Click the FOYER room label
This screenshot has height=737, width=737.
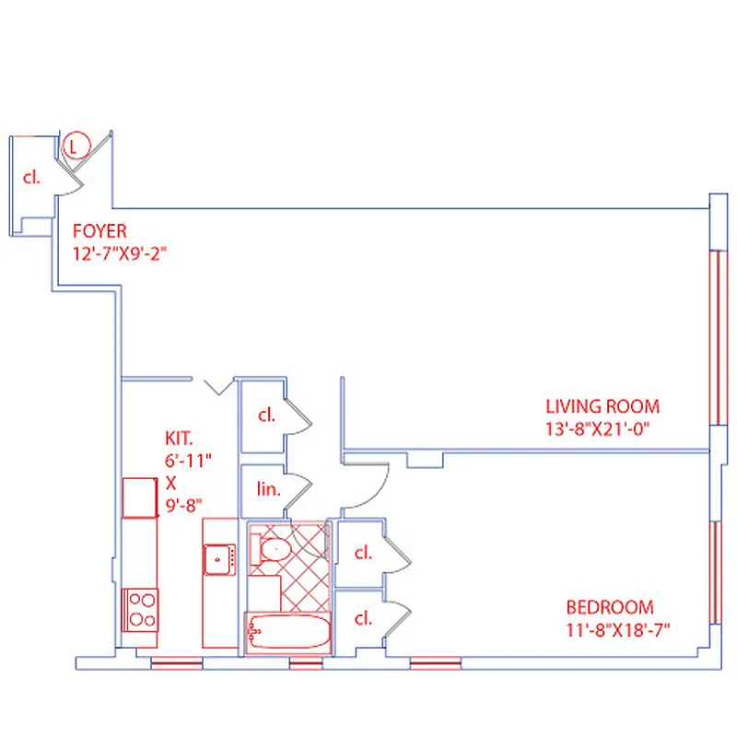point(99,231)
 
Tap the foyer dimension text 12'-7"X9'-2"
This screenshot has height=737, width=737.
point(123,252)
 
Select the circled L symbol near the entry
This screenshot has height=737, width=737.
point(76,145)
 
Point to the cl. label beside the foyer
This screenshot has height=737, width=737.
point(32,177)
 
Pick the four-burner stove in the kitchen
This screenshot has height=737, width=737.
point(141,609)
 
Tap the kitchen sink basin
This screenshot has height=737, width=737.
point(217,559)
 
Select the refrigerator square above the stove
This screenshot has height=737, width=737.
point(141,497)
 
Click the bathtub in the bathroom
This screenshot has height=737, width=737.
point(288,634)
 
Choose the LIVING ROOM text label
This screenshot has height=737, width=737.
point(602,406)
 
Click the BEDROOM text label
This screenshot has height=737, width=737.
point(610,608)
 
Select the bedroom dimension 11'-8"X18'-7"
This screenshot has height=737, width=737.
point(617,630)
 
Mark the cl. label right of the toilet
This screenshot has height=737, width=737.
point(363,554)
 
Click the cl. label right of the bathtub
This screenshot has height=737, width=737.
point(363,618)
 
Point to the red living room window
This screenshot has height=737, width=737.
point(716,337)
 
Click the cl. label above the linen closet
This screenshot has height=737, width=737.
point(266,415)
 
